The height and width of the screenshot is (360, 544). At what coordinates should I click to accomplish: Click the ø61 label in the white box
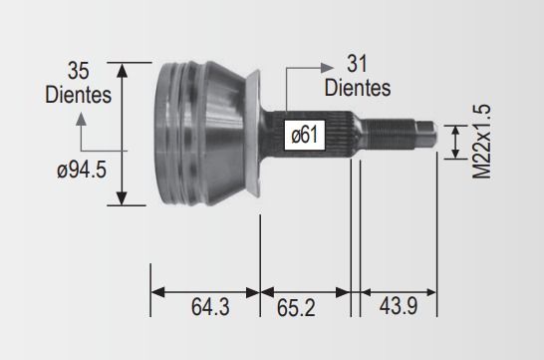point(305,135)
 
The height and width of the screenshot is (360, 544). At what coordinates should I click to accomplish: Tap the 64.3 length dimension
point(210,307)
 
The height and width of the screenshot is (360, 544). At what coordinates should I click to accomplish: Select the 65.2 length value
point(296,307)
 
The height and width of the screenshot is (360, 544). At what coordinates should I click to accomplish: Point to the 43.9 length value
point(399,306)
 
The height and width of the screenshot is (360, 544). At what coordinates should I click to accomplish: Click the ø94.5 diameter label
point(82,171)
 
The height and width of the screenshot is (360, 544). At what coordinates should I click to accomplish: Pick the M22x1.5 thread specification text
point(482,142)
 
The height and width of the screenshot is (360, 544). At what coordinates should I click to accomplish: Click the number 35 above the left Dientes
point(78,71)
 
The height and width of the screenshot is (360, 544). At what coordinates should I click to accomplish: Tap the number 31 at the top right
point(357,64)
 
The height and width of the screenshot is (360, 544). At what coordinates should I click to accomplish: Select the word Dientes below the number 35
point(78,95)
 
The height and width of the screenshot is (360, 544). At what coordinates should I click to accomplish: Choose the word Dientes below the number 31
point(358,88)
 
